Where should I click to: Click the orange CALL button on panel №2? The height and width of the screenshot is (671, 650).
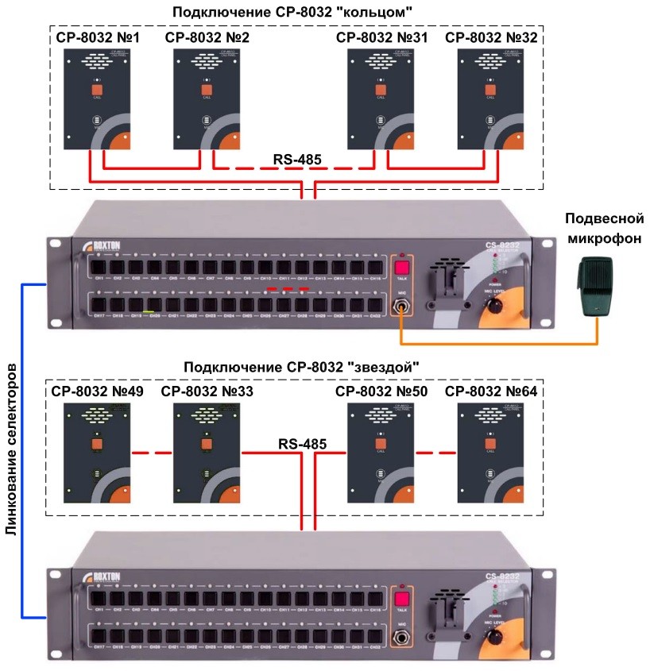point(207,90)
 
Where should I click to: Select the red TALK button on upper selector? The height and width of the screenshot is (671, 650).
point(402,268)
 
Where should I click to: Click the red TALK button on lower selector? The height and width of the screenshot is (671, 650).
point(402,600)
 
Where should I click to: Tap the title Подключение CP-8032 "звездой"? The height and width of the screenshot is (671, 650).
point(301,367)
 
